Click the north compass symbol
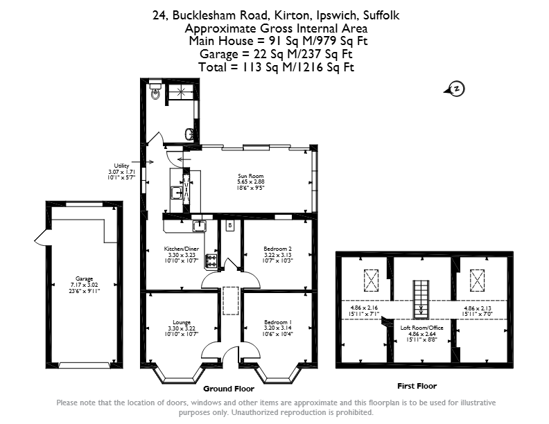(455, 89)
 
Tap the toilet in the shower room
(155, 90)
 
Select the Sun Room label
(251, 176)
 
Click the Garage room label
(85, 279)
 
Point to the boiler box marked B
(230, 226)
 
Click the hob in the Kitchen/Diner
(211, 261)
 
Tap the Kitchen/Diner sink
(200, 226)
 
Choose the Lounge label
(182, 322)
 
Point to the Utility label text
(121, 166)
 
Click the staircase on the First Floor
(421, 299)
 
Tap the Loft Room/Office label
(422, 328)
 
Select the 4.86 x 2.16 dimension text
(364, 308)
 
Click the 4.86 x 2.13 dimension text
(478, 308)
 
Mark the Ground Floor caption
(229, 389)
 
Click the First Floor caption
(417, 386)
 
